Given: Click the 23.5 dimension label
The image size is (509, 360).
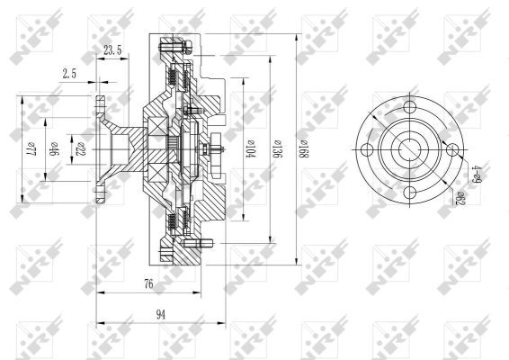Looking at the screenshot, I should pos(113,51).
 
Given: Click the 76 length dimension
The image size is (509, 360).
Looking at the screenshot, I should pos(148,284).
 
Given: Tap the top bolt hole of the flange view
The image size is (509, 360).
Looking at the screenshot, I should pos(411,108).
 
